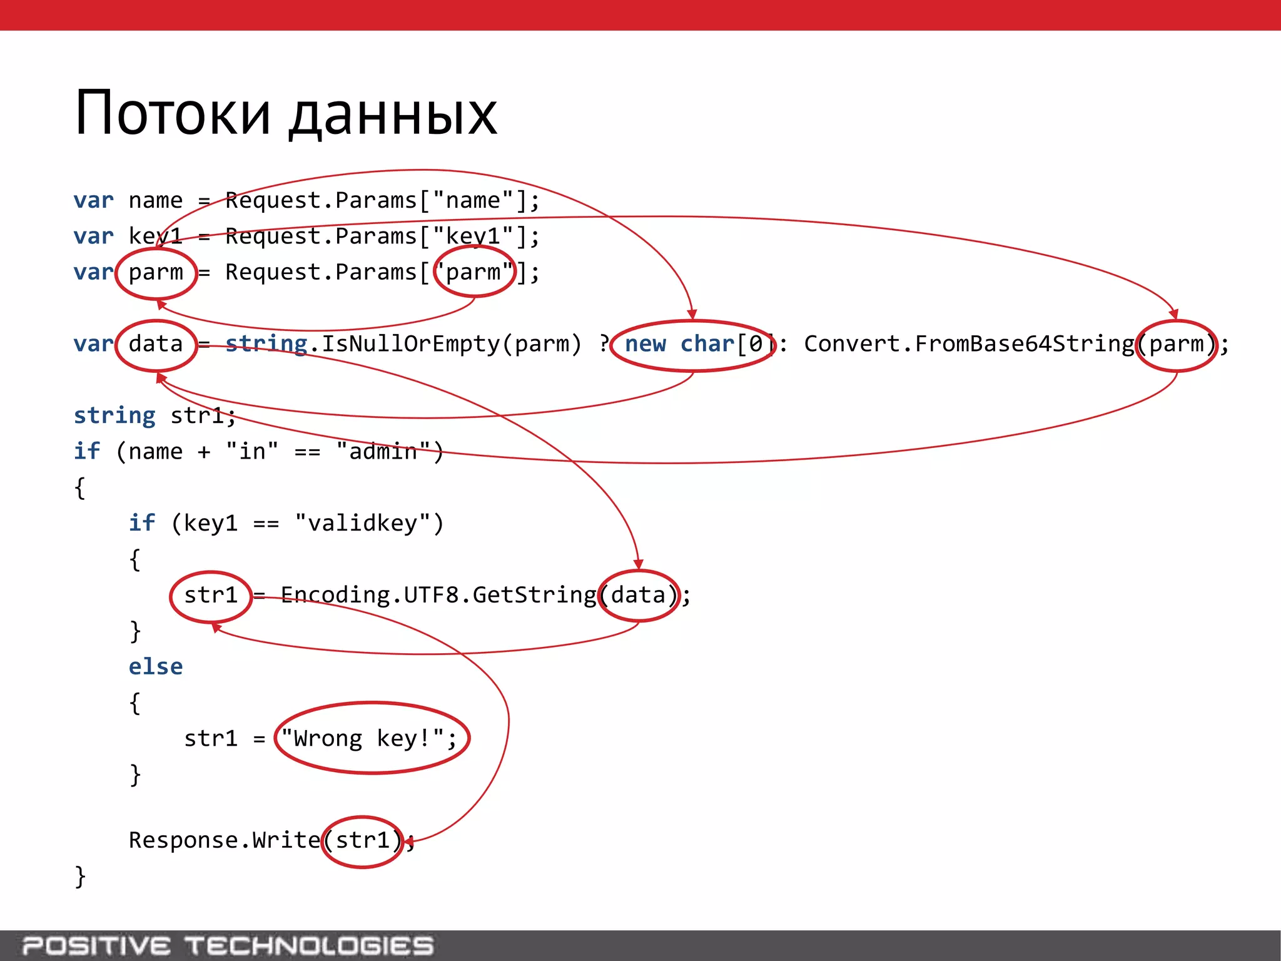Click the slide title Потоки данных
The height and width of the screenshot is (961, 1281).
click(x=285, y=114)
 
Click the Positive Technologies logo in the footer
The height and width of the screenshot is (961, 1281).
click(x=228, y=945)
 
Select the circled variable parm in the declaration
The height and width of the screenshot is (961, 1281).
click(x=156, y=273)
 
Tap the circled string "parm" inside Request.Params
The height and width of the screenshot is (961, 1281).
click(x=475, y=272)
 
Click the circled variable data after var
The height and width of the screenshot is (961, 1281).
click(x=156, y=344)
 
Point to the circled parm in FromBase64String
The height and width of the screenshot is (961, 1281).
click(x=1177, y=345)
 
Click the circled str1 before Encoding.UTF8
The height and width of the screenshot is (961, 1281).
click(x=211, y=595)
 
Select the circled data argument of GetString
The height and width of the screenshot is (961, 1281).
click(x=639, y=595)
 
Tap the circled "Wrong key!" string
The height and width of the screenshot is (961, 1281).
click(x=372, y=738)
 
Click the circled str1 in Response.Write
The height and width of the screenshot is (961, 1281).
click(x=363, y=840)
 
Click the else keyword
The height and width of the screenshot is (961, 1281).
click(x=156, y=667)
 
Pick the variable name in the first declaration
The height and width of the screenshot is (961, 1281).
click(x=156, y=201)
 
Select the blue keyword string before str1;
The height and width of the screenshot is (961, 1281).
click(x=114, y=415)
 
